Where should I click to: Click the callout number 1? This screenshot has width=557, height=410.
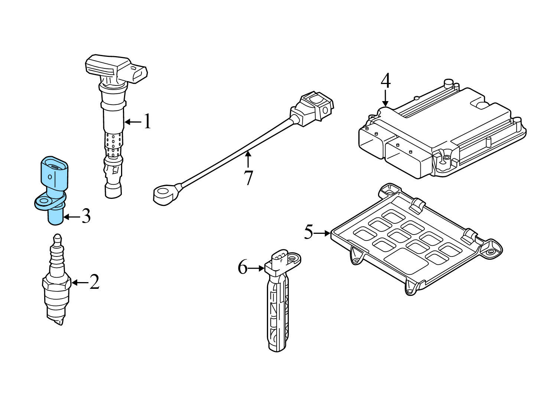tap(147, 122)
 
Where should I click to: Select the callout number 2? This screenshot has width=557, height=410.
tap(94, 282)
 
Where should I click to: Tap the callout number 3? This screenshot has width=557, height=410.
tap(86, 216)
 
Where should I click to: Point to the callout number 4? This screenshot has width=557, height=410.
tap(385, 81)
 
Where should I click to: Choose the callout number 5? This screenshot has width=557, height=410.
tap(309, 232)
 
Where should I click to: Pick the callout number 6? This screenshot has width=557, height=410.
tap(242, 267)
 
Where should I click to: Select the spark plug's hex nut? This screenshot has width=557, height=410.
tap(56, 283)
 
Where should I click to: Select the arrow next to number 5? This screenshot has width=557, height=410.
tap(322, 233)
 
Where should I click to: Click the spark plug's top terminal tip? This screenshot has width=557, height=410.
tap(57, 237)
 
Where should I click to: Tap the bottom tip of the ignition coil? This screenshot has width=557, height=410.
tap(113, 193)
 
